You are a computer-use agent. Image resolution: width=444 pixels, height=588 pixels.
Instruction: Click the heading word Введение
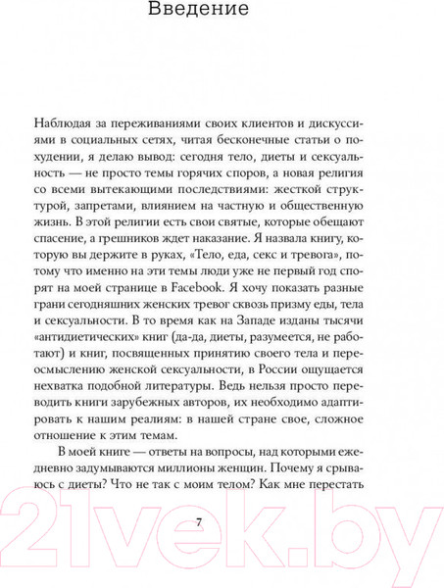point(222,13)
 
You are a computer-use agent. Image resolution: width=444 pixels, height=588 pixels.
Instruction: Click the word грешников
point(157,260)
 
